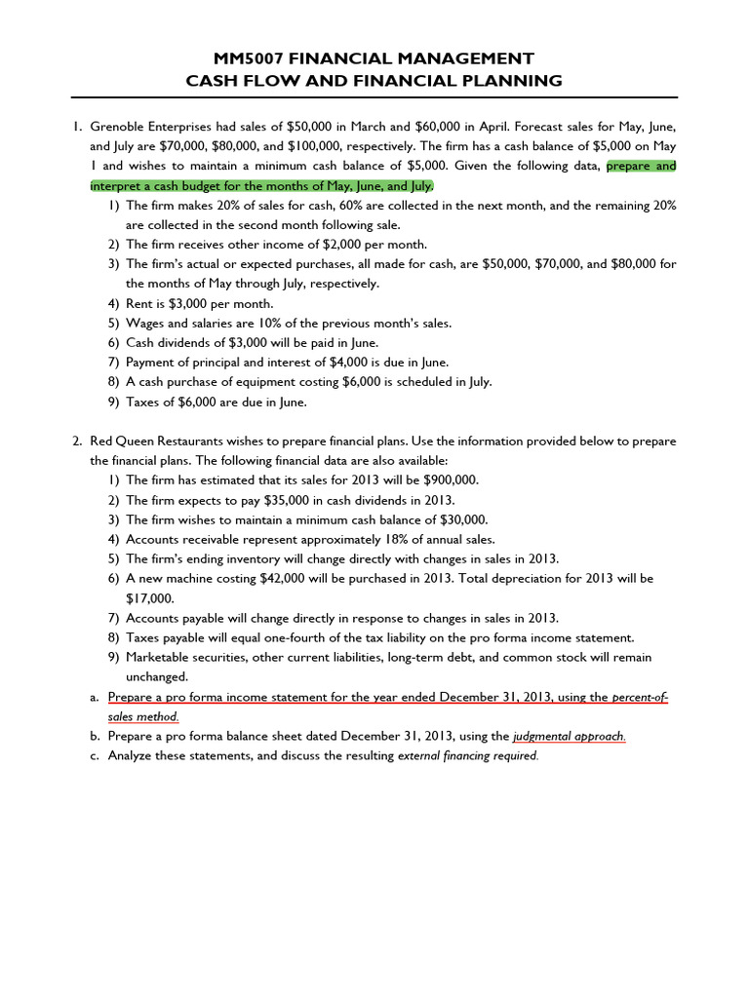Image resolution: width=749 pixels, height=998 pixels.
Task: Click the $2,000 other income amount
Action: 321,245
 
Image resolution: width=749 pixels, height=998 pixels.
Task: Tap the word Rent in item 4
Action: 139,303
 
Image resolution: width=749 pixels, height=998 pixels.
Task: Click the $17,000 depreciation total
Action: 149,598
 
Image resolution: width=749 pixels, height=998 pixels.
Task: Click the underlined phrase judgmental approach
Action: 570,737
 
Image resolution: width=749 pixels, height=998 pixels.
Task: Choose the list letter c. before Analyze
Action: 95,755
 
